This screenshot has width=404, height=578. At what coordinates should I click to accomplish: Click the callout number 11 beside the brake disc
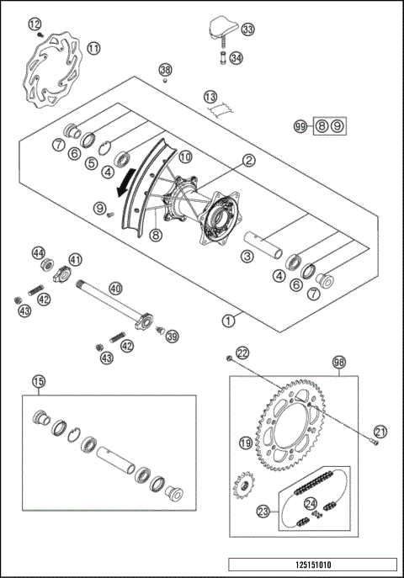[93, 48]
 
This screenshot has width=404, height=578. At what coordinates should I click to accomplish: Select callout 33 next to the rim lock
[247, 29]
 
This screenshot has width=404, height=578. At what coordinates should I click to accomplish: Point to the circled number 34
[237, 58]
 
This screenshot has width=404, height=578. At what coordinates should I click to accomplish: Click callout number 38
[165, 69]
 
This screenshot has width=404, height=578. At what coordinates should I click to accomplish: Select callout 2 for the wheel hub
[249, 159]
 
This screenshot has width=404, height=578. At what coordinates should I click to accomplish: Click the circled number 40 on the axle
[115, 288]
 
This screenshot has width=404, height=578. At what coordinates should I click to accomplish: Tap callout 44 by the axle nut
[38, 252]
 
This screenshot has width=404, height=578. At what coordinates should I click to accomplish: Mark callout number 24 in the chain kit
[311, 505]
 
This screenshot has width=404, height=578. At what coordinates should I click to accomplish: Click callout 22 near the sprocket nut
[242, 353]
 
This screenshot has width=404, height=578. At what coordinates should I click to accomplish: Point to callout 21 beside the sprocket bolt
[380, 432]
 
